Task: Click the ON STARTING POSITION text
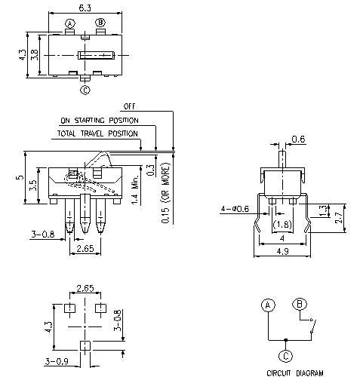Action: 100,120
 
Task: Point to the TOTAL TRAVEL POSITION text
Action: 97,133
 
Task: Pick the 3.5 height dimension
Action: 32,186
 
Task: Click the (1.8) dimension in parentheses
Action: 282,225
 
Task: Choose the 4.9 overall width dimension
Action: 282,251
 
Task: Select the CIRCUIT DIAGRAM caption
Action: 294,372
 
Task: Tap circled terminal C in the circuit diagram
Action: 285,355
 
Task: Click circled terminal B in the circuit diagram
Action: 300,305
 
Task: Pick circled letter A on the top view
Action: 70,23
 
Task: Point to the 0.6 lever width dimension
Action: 297,139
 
